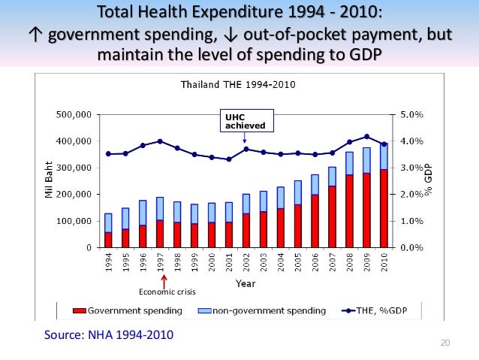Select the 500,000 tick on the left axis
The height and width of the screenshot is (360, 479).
click(x=74, y=115)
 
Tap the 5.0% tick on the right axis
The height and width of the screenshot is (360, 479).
click(x=411, y=115)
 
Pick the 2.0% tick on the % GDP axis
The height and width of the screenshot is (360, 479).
click(x=411, y=195)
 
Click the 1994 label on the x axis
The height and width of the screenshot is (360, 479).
click(x=109, y=261)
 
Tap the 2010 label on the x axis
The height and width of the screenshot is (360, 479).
click(x=384, y=261)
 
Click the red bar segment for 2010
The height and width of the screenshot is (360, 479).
click(x=384, y=208)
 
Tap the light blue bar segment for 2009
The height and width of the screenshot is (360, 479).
click(x=366, y=160)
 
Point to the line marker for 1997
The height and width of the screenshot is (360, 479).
click(x=160, y=141)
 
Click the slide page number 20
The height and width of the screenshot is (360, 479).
click(x=444, y=343)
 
